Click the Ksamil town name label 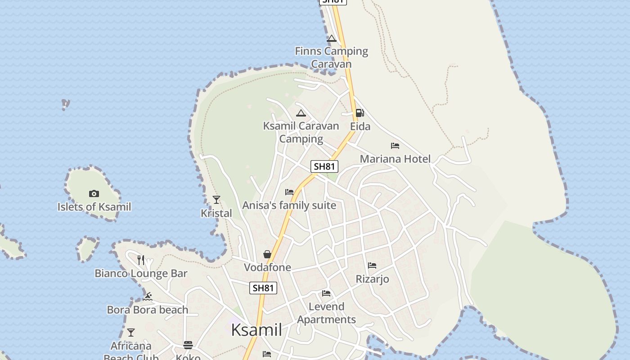256,330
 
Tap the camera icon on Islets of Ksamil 94,193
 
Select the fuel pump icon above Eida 360,113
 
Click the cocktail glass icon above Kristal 216,200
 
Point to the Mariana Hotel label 395,159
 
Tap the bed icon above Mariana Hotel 395,146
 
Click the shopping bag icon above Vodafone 267,254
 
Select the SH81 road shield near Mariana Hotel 324,166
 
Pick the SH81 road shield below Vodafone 263,288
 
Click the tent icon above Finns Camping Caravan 332,39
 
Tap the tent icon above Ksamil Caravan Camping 301,113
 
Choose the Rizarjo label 372,279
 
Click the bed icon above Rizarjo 372,265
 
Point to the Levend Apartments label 326,313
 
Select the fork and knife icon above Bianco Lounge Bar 141,260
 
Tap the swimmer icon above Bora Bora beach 148,297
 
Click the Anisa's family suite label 289,206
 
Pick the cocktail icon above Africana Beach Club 131,333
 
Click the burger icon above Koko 188,345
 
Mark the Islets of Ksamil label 94,207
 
